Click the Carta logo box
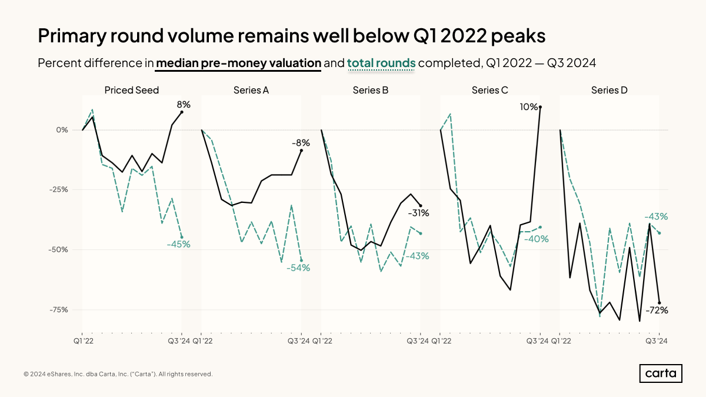pyautogui.click(x=661, y=373)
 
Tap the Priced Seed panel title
pyautogui.click(x=132, y=90)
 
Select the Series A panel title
pyautogui.click(x=251, y=90)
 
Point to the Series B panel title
pyautogui.click(x=371, y=90)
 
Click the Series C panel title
pyautogui.click(x=489, y=90)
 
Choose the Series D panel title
pyautogui.click(x=609, y=90)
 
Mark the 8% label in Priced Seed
pyautogui.click(x=184, y=104)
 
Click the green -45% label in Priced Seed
pyautogui.click(x=178, y=244)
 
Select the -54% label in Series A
pyautogui.click(x=298, y=268)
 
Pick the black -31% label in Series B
pyautogui.click(x=418, y=213)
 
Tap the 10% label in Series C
pyautogui.click(x=529, y=106)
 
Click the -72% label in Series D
pyautogui.click(x=657, y=310)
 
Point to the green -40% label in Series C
pyautogui.click(x=537, y=239)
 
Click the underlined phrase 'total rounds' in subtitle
pyautogui.click(x=381, y=63)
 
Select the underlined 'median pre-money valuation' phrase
pyautogui.click(x=238, y=63)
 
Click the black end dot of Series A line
pyautogui.click(x=302, y=150)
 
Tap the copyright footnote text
pyautogui.click(x=118, y=374)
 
